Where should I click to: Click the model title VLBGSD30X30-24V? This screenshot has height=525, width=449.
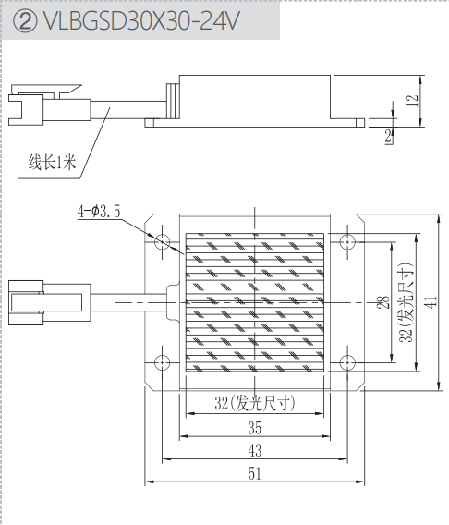[x=142, y=20]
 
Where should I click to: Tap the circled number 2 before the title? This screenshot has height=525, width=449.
[x=25, y=21]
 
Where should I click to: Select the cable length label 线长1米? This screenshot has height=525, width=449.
[x=52, y=163]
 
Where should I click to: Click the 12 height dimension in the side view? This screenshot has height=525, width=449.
[x=412, y=101]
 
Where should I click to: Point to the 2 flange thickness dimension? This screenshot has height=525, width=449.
[x=388, y=137]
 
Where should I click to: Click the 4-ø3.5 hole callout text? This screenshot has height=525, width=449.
[x=99, y=212]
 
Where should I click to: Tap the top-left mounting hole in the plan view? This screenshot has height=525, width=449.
[x=163, y=241]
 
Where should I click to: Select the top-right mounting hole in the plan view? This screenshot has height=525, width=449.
[x=347, y=241]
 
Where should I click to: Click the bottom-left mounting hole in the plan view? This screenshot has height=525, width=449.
[x=163, y=362]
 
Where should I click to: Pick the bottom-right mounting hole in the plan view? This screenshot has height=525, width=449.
[x=347, y=362]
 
